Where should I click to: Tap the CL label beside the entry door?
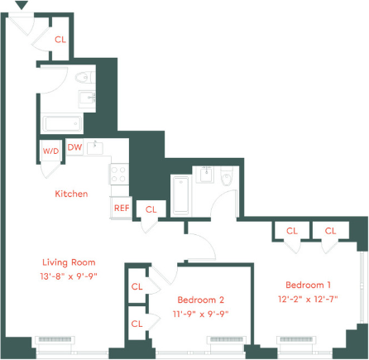[x=60, y=39]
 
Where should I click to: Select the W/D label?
[x=50, y=151]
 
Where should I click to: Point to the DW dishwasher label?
[x=74, y=148]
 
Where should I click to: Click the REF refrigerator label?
[x=121, y=208]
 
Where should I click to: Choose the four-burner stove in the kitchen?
[x=118, y=174]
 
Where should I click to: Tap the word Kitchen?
[x=71, y=194]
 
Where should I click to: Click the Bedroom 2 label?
[x=200, y=300]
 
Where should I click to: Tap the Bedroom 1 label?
[x=304, y=282]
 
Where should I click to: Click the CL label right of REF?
[x=151, y=210]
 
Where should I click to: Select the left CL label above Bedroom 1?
[x=292, y=231]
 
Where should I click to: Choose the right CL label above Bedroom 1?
[x=330, y=231]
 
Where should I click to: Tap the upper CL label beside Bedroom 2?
[x=137, y=287]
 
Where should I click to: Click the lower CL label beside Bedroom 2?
[x=137, y=323]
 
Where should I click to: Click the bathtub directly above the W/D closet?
[x=63, y=125]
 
